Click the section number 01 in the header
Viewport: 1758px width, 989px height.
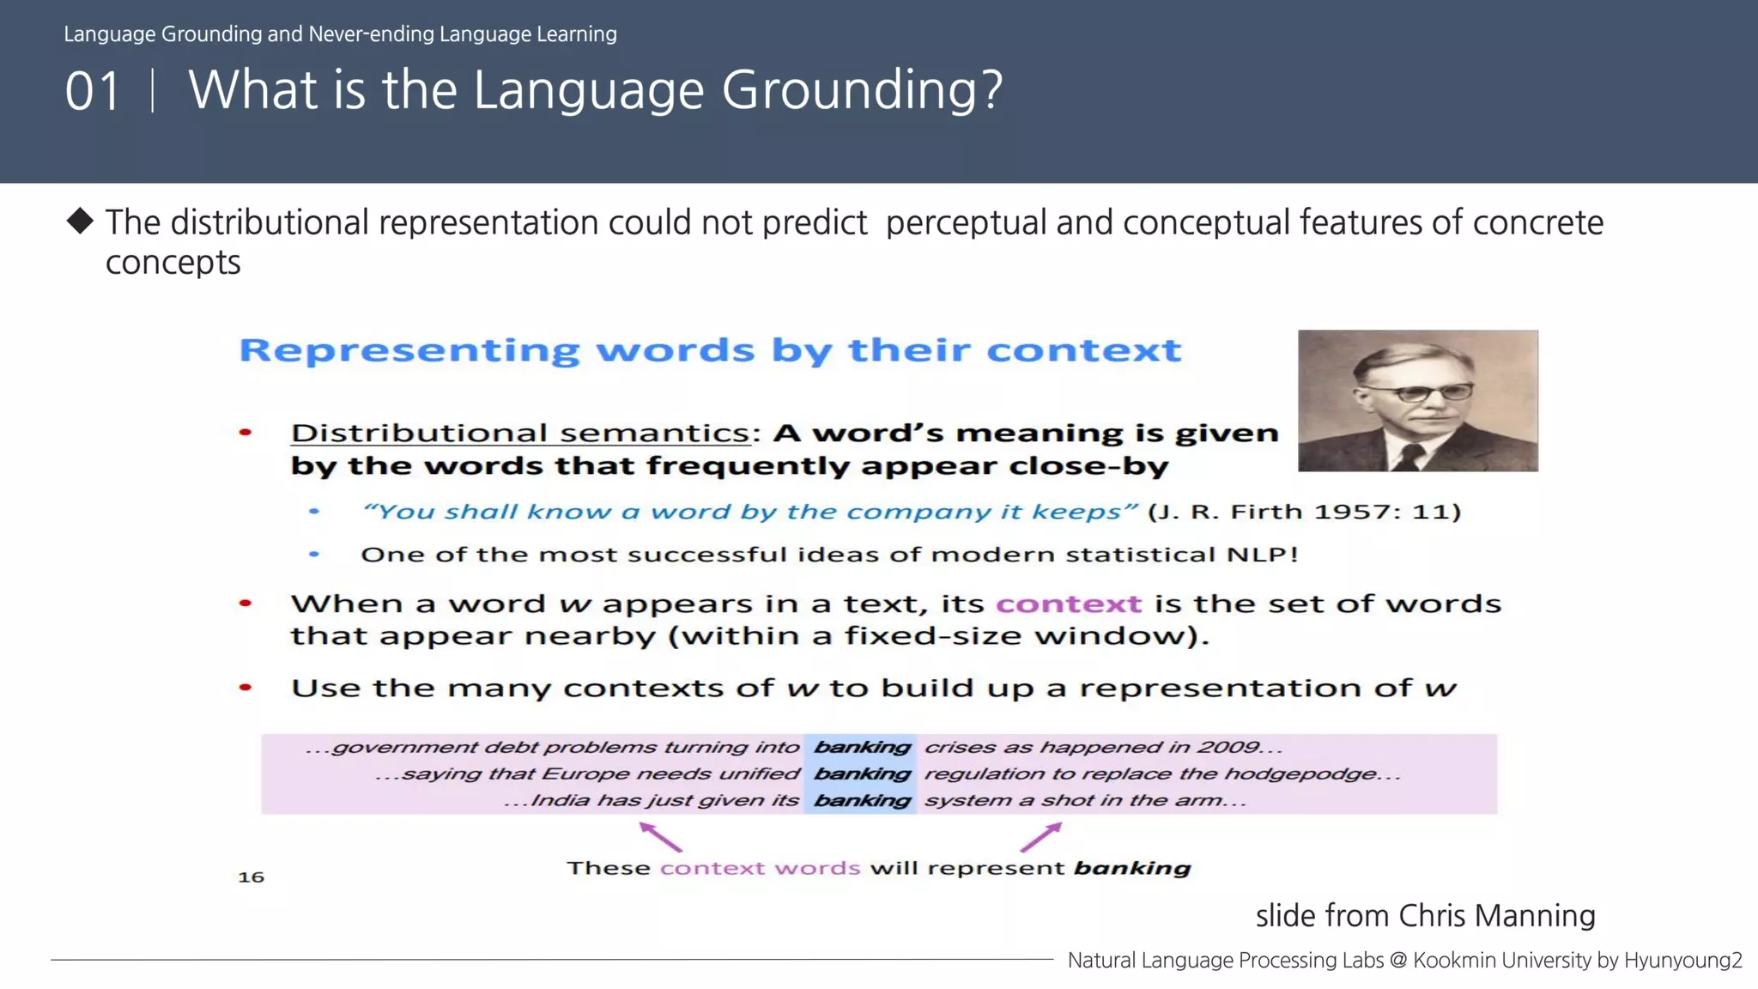[92, 91]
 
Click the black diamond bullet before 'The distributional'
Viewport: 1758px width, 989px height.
[80, 221]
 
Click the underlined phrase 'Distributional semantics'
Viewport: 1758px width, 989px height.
[520, 433]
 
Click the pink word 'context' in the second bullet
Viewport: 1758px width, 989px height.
[1068, 604]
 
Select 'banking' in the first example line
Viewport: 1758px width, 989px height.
[861, 747]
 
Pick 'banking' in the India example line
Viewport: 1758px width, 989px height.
[861, 800]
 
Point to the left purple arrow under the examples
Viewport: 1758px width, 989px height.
[660, 836]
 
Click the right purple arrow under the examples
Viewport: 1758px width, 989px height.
[1041, 836]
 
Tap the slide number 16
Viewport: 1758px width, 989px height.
[251, 877]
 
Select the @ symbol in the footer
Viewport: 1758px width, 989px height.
[1398, 960]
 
